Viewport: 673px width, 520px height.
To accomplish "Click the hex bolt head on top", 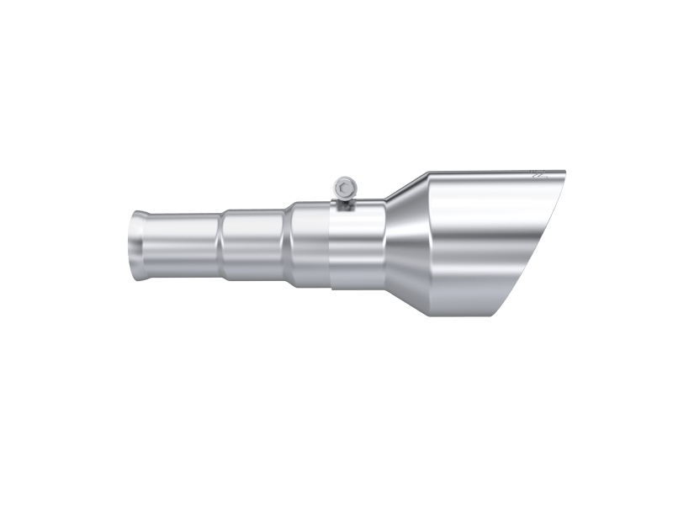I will pyautogui.click(x=343, y=186).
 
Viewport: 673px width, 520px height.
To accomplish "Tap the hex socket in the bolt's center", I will pyautogui.click(x=343, y=186).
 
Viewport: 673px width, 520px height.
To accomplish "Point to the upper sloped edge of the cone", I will pyautogui.click(x=409, y=188).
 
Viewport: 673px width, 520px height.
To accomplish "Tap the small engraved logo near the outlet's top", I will pyautogui.click(x=538, y=178).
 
